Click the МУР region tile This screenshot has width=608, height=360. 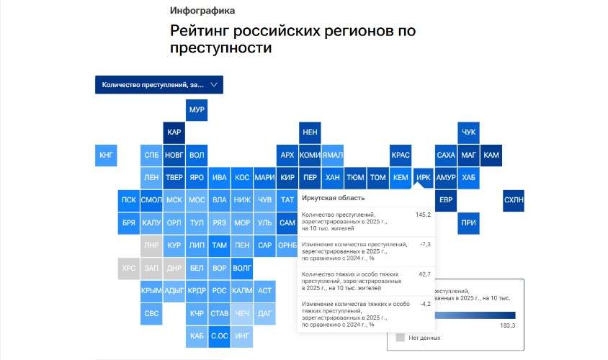(197, 110)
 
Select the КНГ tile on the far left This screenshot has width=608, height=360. (107, 155)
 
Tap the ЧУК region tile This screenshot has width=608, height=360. (468, 132)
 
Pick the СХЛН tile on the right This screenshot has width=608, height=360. (514, 199)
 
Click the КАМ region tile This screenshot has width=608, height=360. (491, 155)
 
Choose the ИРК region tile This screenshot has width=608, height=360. (424, 177)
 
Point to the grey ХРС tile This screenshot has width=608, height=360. (129, 269)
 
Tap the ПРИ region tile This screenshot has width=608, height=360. (468, 222)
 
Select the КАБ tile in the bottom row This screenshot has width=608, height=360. (197, 335)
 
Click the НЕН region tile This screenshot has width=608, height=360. (310, 132)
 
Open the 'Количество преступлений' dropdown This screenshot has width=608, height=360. (159, 85)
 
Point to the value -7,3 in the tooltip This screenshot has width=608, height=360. (425, 245)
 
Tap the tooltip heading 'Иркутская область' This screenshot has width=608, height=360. (333, 198)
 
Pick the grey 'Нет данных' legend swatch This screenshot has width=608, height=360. (400, 337)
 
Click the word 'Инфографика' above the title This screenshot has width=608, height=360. (202, 11)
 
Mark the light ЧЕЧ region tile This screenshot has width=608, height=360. (242, 313)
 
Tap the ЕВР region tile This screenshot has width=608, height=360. (446, 199)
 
